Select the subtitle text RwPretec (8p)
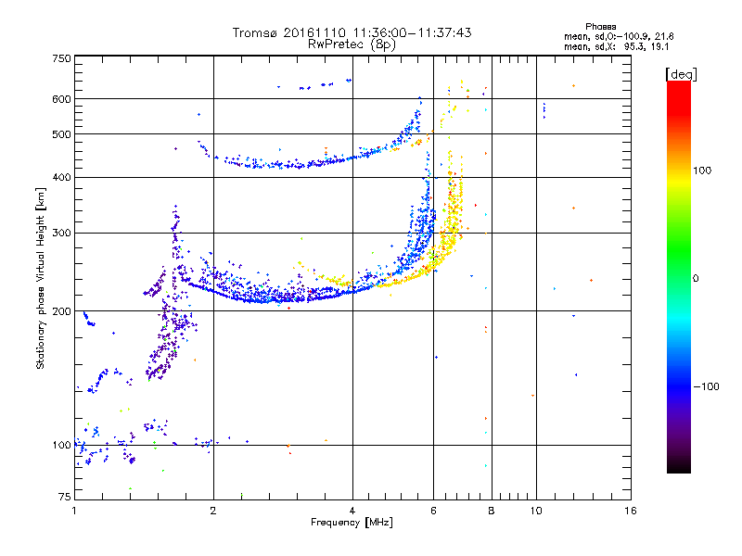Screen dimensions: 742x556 click(x=352, y=44)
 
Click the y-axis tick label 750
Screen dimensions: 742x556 click(x=61, y=58)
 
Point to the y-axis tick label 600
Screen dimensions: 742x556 click(x=61, y=99)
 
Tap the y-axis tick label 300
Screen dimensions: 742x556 click(x=61, y=233)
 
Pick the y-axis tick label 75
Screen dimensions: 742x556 click(x=65, y=497)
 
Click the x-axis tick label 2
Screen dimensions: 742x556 click(x=213, y=511)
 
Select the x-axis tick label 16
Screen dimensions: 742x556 click(x=631, y=511)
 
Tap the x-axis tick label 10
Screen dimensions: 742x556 click(x=536, y=511)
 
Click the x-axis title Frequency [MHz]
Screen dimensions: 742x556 click(x=352, y=523)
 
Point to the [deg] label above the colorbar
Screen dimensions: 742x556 click(x=681, y=74)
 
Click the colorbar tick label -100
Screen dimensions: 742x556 click(x=706, y=386)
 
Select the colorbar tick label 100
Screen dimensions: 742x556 click(x=702, y=171)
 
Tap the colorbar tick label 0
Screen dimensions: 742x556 click(x=696, y=278)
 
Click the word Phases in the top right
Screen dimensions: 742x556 click(x=600, y=27)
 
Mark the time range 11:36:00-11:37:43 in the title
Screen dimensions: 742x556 click(x=412, y=32)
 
